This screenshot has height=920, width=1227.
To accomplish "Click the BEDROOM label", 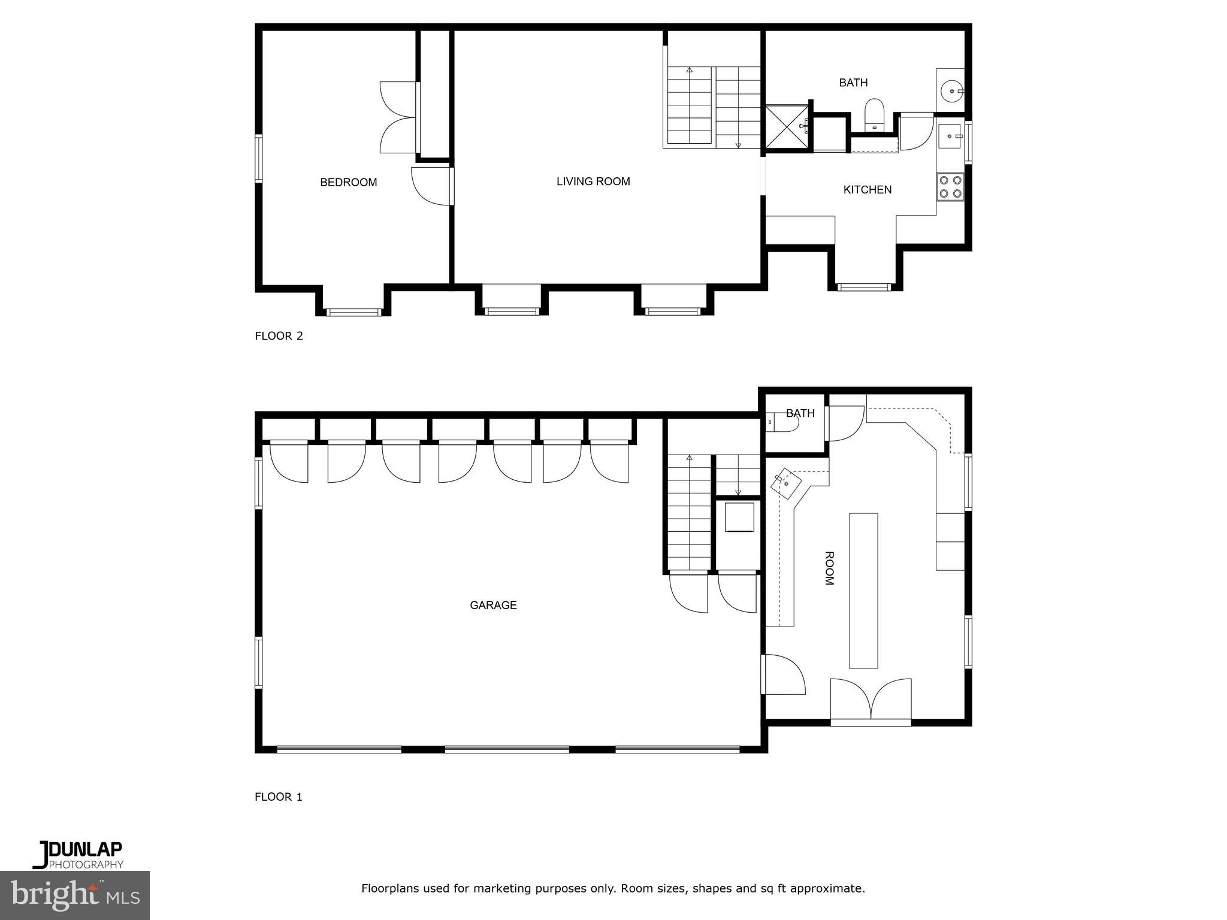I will coord(348,182).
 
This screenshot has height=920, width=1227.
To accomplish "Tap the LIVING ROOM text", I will coord(593,181).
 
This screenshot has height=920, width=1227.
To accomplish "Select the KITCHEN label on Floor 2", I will coord(867,189).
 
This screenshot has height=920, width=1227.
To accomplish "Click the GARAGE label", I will coord(493,605).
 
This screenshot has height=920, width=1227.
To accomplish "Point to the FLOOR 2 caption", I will coord(279,335).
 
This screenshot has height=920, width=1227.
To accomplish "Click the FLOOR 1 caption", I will coord(279,797).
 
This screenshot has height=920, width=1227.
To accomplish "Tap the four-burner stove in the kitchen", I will coord(950,186).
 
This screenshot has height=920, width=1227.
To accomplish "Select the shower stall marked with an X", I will coord(787,126).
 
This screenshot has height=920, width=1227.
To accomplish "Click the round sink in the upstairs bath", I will coord(951,92).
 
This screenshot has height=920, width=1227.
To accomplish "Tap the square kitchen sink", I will coord(950,136).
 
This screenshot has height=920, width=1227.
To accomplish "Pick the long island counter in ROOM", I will coord(863,590).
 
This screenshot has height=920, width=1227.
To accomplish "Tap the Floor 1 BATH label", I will coord(800,413).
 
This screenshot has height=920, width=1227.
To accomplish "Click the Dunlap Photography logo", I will coord(78,855).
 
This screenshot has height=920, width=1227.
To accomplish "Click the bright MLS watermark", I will coord(75,895).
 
